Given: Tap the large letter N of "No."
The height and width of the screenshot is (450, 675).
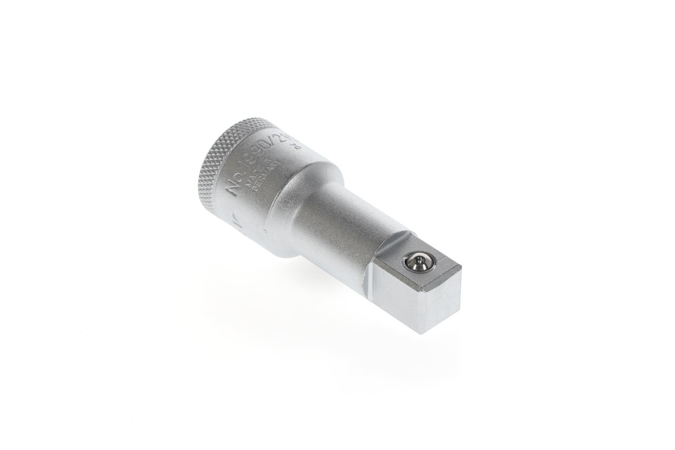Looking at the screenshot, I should coord(231,188).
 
